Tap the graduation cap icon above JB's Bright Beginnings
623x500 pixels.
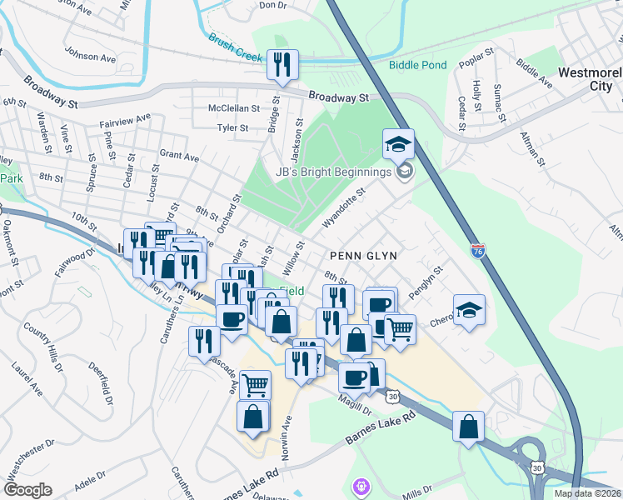point(398,143)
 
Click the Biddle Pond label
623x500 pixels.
point(418,65)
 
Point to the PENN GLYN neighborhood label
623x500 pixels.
point(362,255)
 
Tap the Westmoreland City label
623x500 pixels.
point(590,79)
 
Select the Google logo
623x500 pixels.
point(27,490)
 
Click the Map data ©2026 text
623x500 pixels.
point(588,493)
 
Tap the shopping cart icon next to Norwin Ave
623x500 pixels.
point(255,384)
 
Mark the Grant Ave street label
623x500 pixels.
point(179,156)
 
